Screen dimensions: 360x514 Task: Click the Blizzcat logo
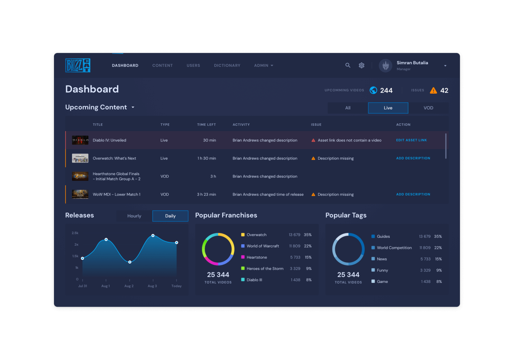(x=78, y=65)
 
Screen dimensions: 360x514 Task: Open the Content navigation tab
(x=162, y=65)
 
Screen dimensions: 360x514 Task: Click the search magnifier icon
(x=348, y=65)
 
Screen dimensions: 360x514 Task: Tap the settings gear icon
(x=361, y=65)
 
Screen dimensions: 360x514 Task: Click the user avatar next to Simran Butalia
(x=385, y=66)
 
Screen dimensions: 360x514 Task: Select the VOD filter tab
(x=428, y=108)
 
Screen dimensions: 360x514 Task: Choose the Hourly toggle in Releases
(x=134, y=216)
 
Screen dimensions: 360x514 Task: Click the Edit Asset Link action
(x=411, y=140)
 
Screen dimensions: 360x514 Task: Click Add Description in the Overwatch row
(x=413, y=158)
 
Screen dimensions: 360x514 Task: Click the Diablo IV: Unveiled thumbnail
(x=80, y=140)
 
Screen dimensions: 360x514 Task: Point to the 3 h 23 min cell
(x=206, y=194)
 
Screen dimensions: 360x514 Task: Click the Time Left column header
(x=206, y=125)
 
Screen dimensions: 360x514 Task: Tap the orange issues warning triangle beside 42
(x=433, y=90)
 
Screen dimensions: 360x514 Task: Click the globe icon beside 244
(x=373, y=90)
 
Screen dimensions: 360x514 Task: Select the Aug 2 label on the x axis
(x=129, y=286)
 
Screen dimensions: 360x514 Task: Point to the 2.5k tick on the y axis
(x=75, y=233)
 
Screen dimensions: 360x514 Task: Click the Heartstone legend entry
(x=257, y=257)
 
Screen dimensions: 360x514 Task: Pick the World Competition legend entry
(x=394, y=248)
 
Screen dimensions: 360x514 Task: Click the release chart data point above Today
(x=176, y=243)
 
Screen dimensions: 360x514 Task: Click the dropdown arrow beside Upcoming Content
(x=133, y=107)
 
